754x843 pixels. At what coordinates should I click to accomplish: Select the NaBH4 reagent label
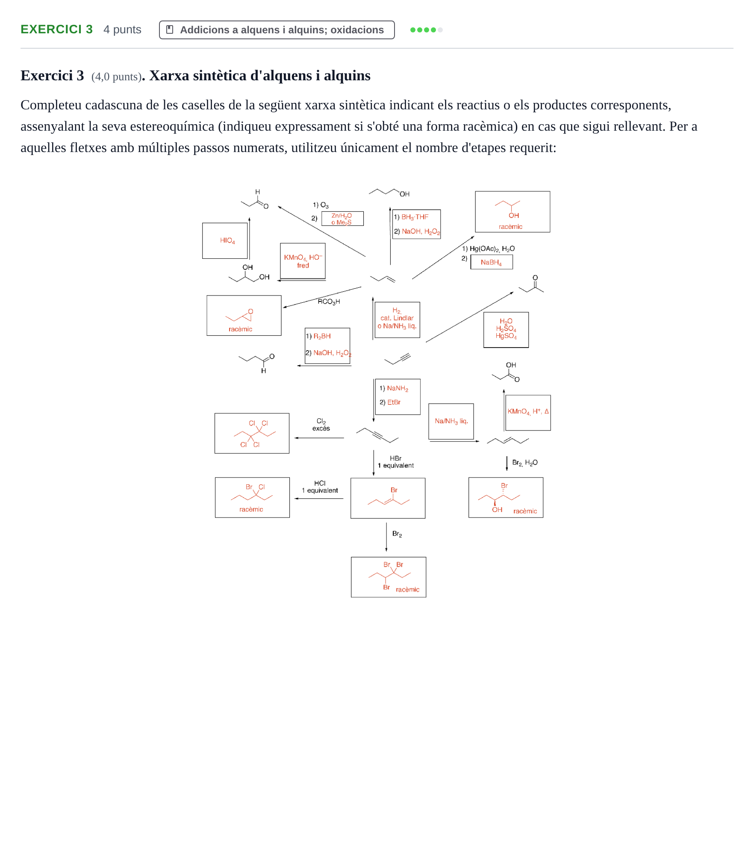(491, 262)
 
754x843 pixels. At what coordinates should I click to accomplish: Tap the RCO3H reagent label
(329, 301)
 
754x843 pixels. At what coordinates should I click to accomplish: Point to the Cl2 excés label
(321, 424)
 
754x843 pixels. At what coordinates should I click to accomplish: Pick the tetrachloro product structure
(255, 433)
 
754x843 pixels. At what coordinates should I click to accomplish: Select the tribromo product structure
(389, 576)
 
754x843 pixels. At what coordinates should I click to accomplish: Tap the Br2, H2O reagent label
(524, 462)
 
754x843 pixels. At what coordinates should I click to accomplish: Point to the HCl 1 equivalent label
(320, 487)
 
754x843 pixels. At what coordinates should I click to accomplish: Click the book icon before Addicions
(170, 29)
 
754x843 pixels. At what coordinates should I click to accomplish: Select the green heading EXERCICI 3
(56, 29)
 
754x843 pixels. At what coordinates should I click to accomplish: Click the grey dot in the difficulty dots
(440, 30)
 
